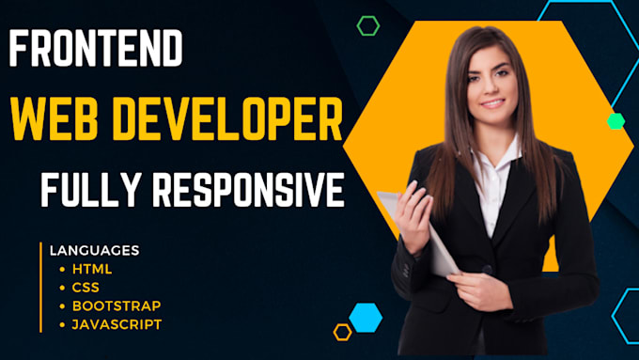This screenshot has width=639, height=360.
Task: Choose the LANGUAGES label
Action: [x=93, y=250]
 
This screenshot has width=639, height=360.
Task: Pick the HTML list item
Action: [x=90, y=269]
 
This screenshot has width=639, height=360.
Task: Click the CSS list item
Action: [x=85, y=287]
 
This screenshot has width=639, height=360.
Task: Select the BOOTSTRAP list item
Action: [x=115, y=305]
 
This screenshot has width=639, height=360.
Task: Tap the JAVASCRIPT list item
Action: [x=116, y=324]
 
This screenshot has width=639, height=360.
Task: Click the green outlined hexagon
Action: [x=367, y=25]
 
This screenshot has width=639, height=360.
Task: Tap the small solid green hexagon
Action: [x=616, y=120]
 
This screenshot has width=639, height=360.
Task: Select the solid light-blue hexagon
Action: [x=366, y=316]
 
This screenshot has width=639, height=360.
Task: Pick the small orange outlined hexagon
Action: [x=343, y=331]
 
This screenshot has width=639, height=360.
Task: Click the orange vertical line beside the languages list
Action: [x=40, y=287]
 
